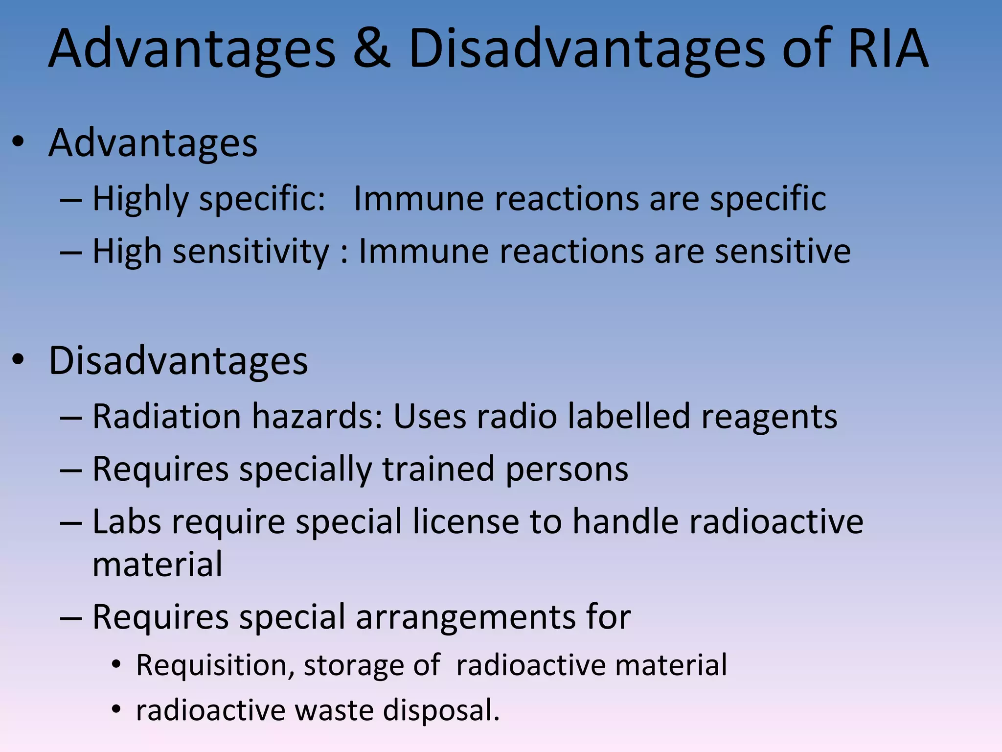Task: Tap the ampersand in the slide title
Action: [371, 49]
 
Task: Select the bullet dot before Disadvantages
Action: [18, 360]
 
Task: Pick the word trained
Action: [438, 469]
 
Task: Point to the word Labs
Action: [127, 521]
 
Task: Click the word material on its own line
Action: [158, 564]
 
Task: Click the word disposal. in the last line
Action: [441, 710]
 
